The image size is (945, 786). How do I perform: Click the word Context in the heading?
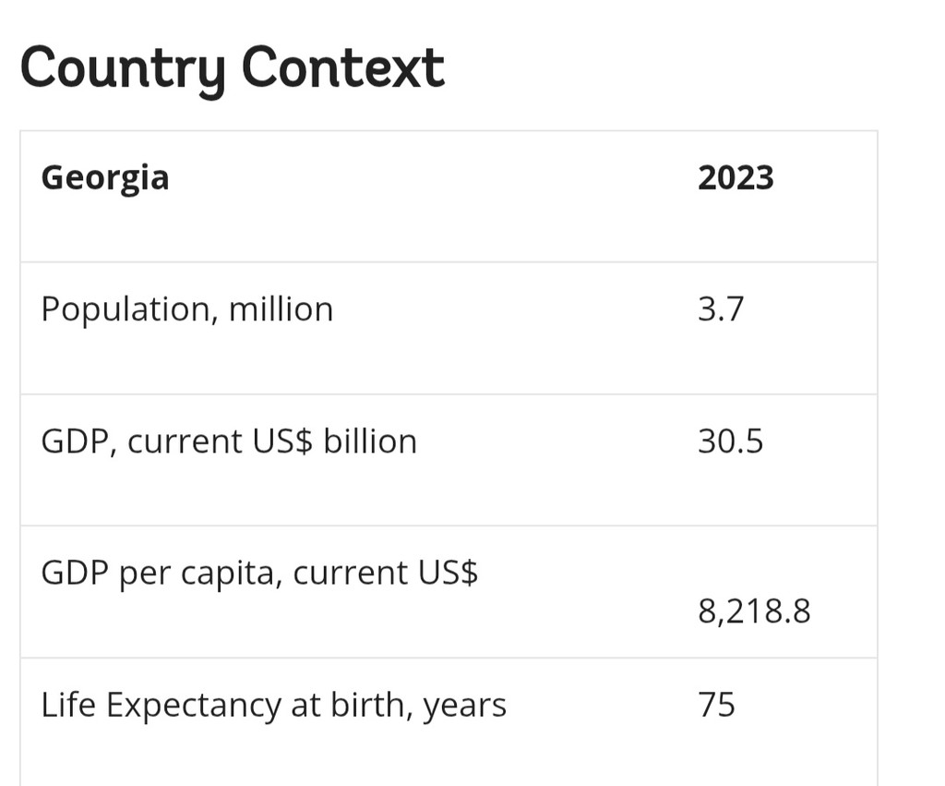click(x=343, y=67)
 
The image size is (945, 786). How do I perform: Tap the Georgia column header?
click(x=105, y=177)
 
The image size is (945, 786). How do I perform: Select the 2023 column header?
click(x=736, y=176)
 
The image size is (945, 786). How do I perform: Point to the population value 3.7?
click(x=720, y=308)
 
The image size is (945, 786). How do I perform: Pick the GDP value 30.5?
click(x=730, y=441)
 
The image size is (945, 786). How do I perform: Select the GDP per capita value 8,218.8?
click(x=754, y=611)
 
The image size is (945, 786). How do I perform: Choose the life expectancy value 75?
click(x=716, y=705)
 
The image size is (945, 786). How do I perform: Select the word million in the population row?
click(x=281, y=308)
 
